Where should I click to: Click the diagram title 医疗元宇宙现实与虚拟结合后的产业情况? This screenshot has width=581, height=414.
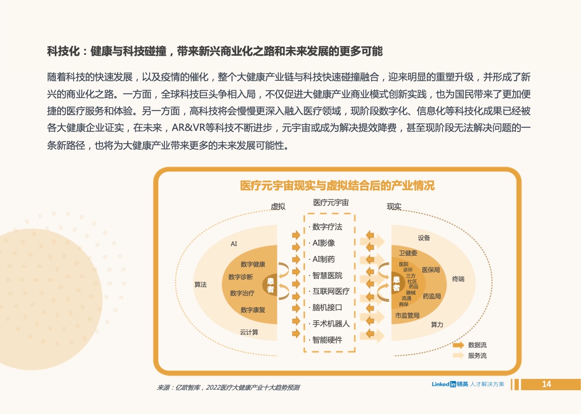coord(337,185)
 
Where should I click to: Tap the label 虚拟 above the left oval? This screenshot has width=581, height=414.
coord(278,206)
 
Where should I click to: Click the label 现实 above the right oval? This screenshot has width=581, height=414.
coord(394,206)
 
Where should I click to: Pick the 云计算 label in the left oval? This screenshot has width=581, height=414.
coord(249,332)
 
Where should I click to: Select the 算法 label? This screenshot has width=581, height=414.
coord(200,285)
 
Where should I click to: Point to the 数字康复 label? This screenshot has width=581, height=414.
coord(253,310)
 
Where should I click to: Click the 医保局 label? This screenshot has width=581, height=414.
coord(431,270)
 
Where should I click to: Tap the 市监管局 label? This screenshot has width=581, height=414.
coord(407,316)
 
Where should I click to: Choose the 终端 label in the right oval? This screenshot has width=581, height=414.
coord(458,279)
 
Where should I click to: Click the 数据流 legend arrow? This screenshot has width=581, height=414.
coord(458,345)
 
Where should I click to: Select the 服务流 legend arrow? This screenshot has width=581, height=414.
coord(458,356)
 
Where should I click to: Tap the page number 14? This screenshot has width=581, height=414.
coord(546,385)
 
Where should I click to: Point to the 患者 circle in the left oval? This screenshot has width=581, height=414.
coord(270,285)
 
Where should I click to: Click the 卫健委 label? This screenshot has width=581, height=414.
coord(408,253)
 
